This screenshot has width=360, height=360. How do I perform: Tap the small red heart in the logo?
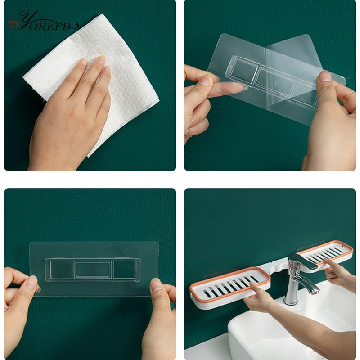coord(13,25)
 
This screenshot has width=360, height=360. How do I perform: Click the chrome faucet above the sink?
coord(298,278)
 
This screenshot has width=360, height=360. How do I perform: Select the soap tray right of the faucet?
coord(326,255)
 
